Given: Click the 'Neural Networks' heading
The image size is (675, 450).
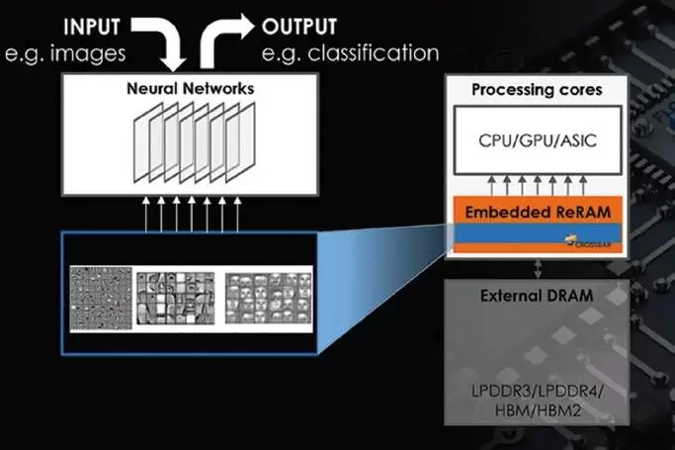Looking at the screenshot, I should point(190,88).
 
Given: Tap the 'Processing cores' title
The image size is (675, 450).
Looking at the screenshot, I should point(537,90).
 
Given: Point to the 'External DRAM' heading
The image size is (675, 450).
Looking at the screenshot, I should point(537,296).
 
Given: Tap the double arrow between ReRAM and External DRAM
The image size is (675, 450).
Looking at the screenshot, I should point(537,268).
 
